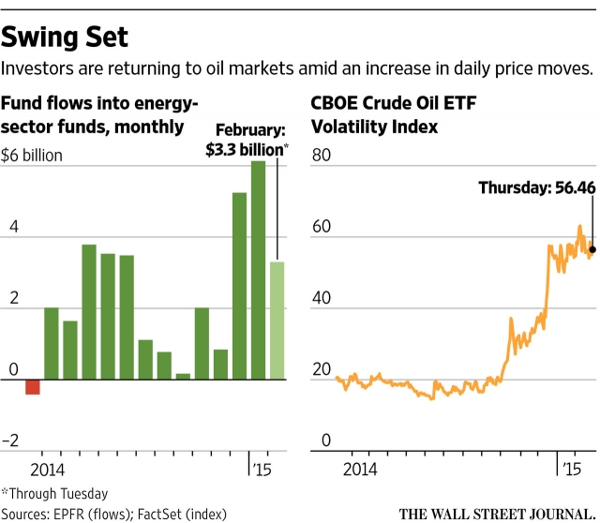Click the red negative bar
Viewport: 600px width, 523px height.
click(x=33, y=386)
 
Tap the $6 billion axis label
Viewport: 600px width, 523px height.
click(x=32, y=156)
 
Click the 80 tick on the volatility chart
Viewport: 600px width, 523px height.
click(x=322, y=156)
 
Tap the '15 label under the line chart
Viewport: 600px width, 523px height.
click(x=569, y=467)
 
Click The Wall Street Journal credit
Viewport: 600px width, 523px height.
click(x=496, y=513)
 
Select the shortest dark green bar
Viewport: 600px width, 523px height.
click(x=183, y=376)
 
